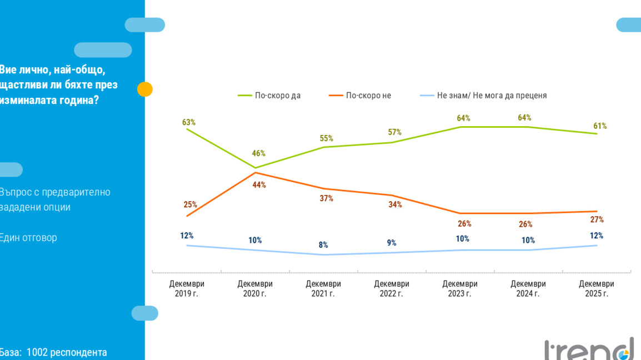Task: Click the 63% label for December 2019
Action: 189,122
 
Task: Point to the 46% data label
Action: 259,153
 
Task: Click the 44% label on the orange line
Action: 259,185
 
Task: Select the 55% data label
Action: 326,138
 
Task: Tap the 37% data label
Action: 326,198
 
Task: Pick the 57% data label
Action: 394,132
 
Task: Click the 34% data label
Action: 395,204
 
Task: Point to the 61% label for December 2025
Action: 600,126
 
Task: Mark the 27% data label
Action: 597,219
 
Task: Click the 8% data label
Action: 323,245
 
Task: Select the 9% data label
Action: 392,243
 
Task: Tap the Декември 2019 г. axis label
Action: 187,288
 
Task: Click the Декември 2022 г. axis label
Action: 392,288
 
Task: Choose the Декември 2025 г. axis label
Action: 597,288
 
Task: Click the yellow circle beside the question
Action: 145,89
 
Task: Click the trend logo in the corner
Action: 589,349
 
